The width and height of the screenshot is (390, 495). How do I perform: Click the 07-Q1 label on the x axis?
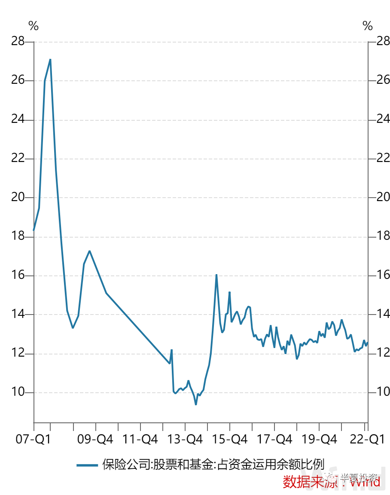pyautogui.click(x=34, y=440)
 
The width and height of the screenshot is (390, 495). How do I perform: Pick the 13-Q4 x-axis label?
pyautogui.click(x=186, y=440)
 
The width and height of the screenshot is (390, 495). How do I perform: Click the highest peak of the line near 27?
pyautogui.click(x=50, y=59)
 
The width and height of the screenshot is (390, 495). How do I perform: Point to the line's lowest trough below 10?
pyautogui.click(x=196, y=404)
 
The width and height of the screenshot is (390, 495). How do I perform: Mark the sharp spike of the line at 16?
pyautogui.click(x=216, y=275)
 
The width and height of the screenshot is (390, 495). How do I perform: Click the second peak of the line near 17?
pyautogui.click(x=89, y=251)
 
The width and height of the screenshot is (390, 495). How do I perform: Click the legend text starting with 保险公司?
pyautogui.click(x=213, y=465)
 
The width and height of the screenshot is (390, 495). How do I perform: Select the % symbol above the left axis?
pyautogui.click(x=34, y=26)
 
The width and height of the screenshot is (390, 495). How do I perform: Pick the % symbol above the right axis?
pyautogui.click(x=368, y=26)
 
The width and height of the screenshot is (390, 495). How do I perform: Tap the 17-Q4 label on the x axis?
pyautogui.click(x=275, y=440)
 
